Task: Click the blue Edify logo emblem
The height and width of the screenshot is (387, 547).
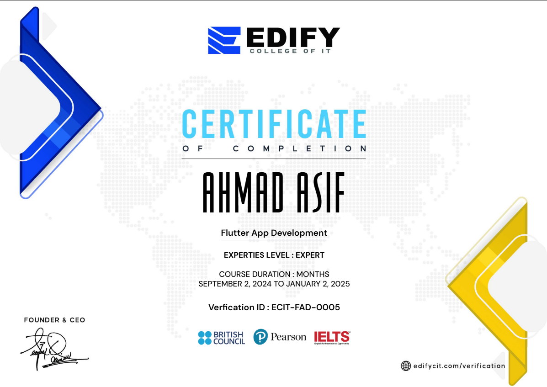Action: point(224,40)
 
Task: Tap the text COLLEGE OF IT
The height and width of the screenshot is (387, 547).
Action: point(290,51)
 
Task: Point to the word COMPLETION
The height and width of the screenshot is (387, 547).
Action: point(299,149)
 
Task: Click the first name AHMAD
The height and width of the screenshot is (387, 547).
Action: point(243,193)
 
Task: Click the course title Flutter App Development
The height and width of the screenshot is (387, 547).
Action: point(274,233)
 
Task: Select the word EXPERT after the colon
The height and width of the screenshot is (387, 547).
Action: point(310,255)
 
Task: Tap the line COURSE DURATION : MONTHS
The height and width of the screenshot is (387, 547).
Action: point(274,275)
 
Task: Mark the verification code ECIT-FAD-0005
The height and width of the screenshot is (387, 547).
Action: point(306,307)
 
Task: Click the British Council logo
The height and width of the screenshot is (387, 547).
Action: point(222,338)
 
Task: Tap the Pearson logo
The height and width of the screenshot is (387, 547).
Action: point(280,337)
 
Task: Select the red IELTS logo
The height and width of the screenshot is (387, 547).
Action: point(332,338)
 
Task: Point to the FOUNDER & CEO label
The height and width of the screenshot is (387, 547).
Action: point(54,320)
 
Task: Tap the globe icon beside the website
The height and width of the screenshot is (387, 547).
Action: point(406,366)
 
